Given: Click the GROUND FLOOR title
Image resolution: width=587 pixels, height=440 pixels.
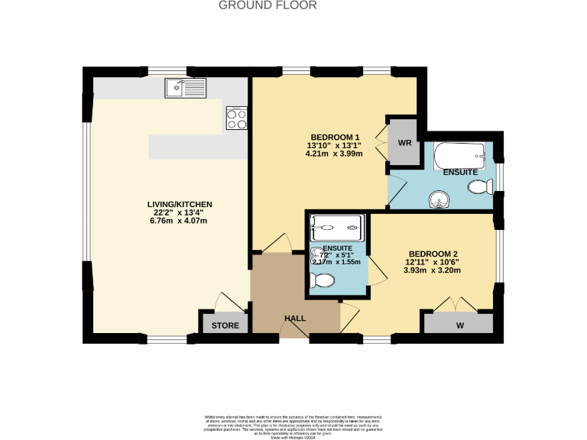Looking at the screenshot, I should point(268,5).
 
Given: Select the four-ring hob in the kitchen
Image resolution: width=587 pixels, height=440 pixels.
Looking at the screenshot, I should point(236,118).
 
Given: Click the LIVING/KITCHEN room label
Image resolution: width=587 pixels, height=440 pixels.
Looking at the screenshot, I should point(180,205).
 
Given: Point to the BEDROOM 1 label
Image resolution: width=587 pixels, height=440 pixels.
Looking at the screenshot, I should point(335,137).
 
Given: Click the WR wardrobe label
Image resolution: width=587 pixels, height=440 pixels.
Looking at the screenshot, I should point(404,143).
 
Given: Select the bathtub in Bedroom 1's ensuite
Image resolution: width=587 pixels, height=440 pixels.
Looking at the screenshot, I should point(459,157).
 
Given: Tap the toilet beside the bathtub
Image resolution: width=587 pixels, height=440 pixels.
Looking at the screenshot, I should point(479,188).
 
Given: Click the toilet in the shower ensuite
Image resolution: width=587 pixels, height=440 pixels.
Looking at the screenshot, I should point(322,280).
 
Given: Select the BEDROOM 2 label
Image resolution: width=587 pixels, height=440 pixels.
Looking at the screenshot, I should point(433,254).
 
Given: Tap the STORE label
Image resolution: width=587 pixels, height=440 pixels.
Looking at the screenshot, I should point(225,325).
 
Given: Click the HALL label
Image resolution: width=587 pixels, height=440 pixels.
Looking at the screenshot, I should point(295,318).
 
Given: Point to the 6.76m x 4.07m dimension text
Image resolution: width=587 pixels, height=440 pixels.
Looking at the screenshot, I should point(178,221).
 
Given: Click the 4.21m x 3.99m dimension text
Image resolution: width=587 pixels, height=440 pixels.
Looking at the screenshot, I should point(334,154).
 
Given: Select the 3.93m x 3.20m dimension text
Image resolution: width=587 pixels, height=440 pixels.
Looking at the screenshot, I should point(433,270).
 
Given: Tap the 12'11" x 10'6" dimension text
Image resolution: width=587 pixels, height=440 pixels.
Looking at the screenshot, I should point(433,262).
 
